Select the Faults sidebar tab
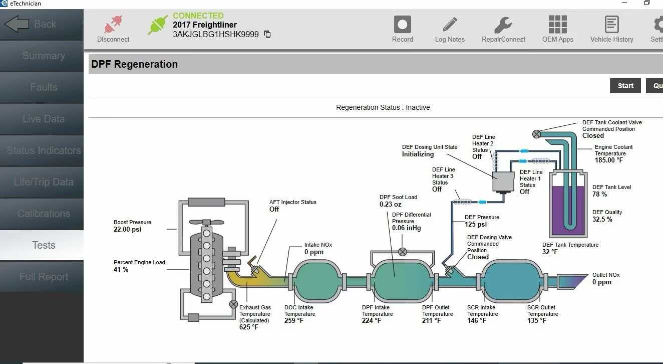coord(44,87)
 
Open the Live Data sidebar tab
coord(44,119)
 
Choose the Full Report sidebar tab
coord(44,277)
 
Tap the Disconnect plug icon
coord(113,25)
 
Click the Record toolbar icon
coord(402,25)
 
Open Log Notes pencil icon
coord(450,25)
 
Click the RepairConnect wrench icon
coord(503,25)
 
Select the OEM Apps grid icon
coord(557,25)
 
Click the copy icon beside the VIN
coord(267,35)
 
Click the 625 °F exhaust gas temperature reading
coord(249,327)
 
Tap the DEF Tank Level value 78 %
coord(599,194)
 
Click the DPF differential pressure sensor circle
coord(403,252)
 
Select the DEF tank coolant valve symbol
coord(536,134)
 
